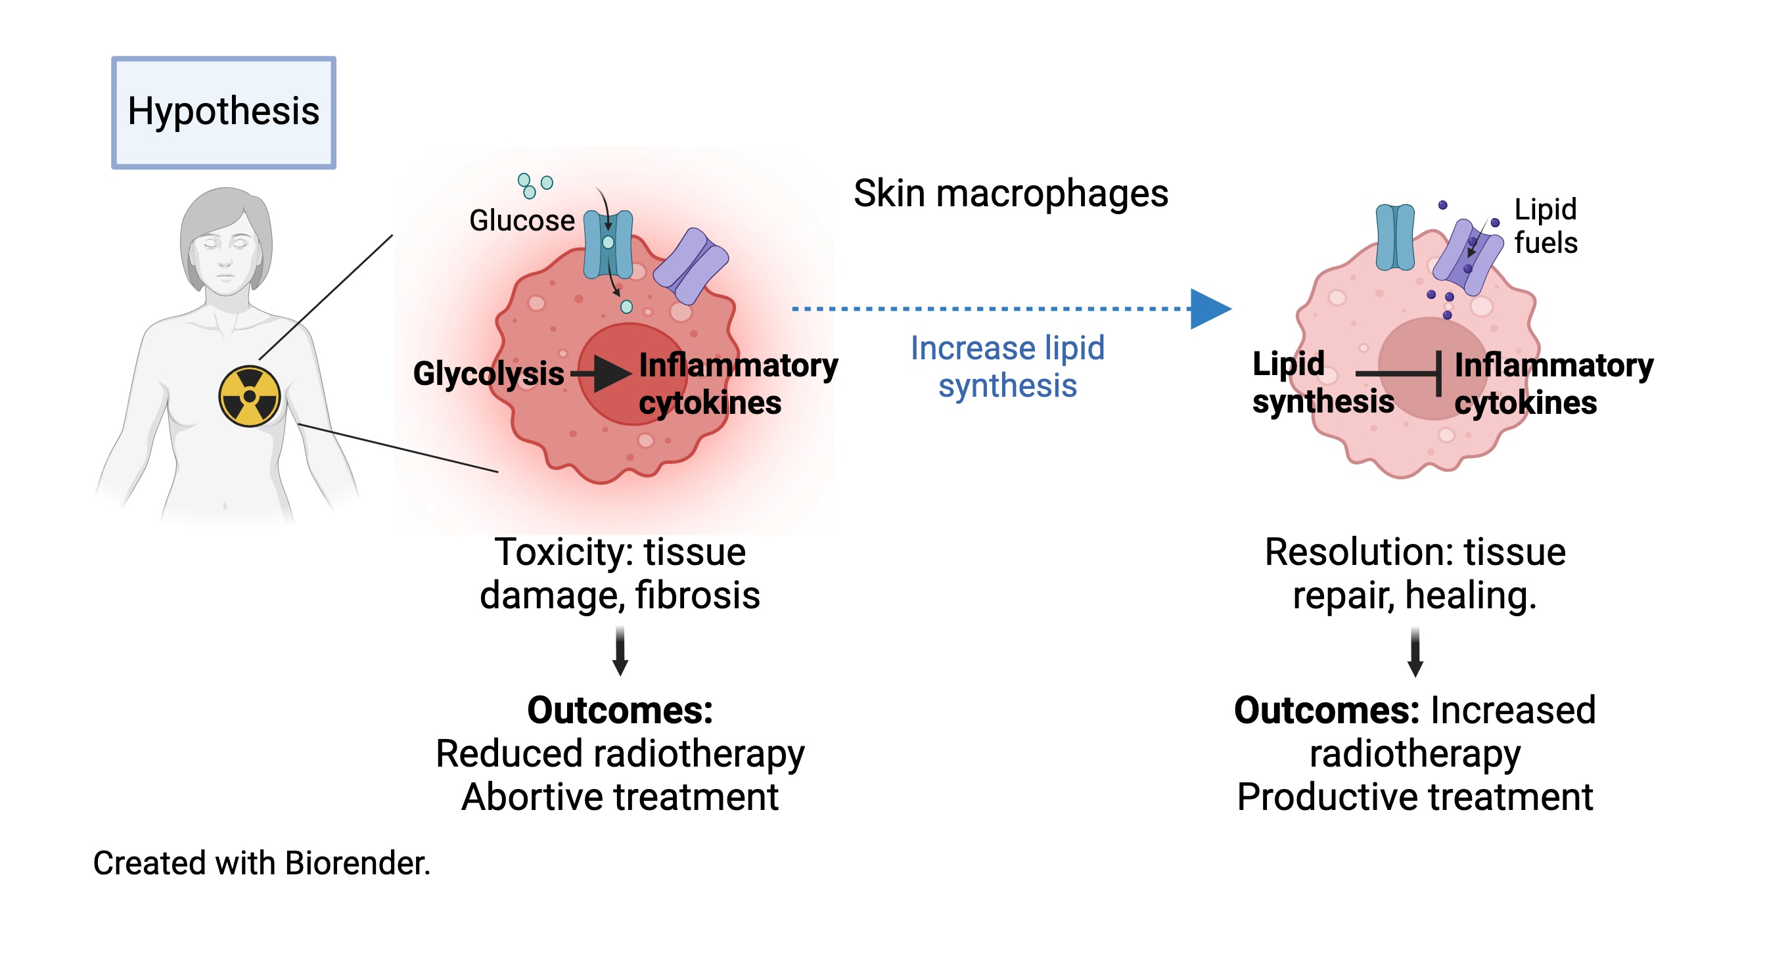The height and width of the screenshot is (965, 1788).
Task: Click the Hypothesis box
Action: [223, 112]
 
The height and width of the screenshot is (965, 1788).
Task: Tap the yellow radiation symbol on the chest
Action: [249, 396]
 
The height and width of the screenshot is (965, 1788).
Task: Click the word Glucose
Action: [521, 221]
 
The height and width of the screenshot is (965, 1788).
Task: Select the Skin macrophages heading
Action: [1010, 194]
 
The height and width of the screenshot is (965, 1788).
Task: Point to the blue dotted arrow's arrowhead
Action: [1209, 309]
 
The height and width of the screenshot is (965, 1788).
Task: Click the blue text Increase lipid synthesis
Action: [1007, 367]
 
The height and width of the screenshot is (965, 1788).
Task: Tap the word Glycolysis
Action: [488, 373]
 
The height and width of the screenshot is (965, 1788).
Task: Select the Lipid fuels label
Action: [1545, 226]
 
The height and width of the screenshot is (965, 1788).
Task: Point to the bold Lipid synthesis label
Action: [1321, 383]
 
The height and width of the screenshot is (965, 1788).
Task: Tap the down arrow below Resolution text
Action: [1415, 652]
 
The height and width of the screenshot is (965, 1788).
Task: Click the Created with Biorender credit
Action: [262, 863]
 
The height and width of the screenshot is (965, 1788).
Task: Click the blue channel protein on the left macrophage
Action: [607, 244]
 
